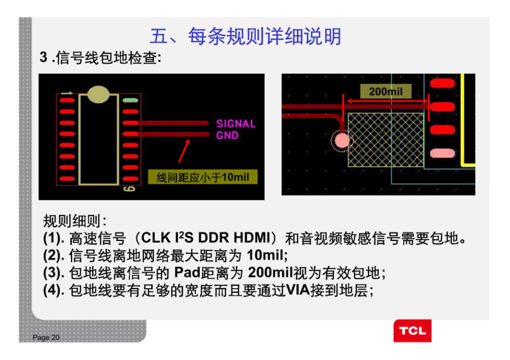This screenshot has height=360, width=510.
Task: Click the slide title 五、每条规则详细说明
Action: pyautogui.click(x=245, y=36)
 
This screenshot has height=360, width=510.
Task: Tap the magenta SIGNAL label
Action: pyautogui.click(x=236, y=124)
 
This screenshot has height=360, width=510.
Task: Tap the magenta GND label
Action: pyautogui.click(x=227, y=135)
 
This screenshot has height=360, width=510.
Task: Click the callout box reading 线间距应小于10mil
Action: pyautogui.click(x=203, y=177)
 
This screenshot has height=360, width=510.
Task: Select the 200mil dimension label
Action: pyautogui.click(x=385, y=91)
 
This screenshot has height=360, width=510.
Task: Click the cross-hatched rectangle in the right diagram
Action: pyautogui.click(x=386, y=140)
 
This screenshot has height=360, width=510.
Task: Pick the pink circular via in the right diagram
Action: pyautogui.click(x=341, y=140)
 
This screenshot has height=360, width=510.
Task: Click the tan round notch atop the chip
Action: pyautogui.click(x=98, y=94)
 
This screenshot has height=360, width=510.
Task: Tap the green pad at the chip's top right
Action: pyautogui.click(x=130, y=100)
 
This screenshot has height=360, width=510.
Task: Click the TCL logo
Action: pyautogui.click(x=412, y=331)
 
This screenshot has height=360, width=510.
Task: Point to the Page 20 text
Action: pyautogui.click(x=46, y=337)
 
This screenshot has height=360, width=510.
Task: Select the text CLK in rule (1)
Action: pyautogui.click(x=153, y=238)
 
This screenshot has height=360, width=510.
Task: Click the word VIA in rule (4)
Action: pyautogui.click(x=298, y=290)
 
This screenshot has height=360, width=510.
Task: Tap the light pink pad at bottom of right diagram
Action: pyautogui.click(x=442, y=153)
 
